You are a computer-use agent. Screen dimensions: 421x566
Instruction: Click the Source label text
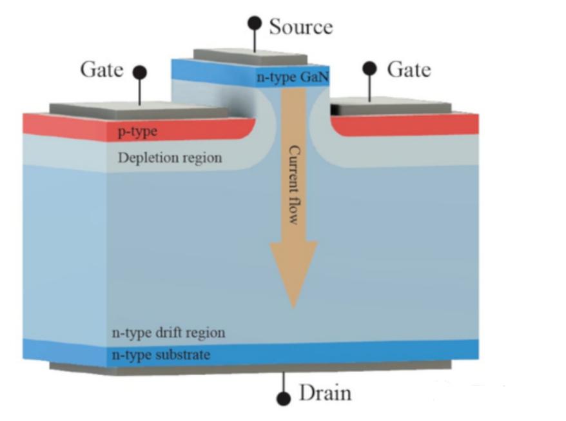[x=301, y=27]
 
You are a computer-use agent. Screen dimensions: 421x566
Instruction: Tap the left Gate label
[x=102, y=70]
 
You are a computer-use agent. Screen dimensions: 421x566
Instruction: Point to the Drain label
[x=326, y=393]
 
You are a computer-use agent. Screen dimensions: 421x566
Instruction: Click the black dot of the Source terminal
[x=255, y=24]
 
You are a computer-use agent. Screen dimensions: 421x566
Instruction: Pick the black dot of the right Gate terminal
[x=370, y=69]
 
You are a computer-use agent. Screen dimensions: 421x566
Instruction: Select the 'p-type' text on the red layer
[x=137, y=133]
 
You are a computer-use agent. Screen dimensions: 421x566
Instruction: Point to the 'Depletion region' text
[x=170, y=157]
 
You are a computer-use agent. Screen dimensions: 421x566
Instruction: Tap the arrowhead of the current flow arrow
[x=293, y=271]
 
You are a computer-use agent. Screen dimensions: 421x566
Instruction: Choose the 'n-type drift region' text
[x=169, y=333]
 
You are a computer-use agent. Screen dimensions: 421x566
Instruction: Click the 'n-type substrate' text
[x=161, y=355]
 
